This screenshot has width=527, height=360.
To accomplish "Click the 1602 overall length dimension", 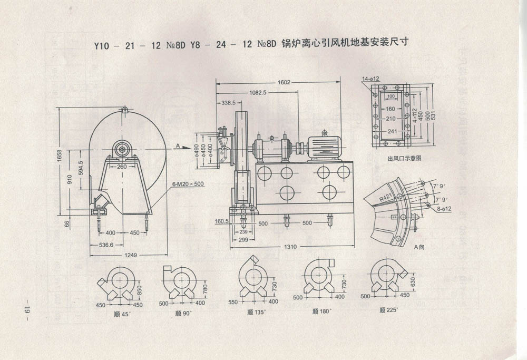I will point(284,82).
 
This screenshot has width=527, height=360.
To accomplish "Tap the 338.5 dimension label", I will point(229,102).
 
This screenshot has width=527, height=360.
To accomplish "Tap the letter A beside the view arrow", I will point(178,144).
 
